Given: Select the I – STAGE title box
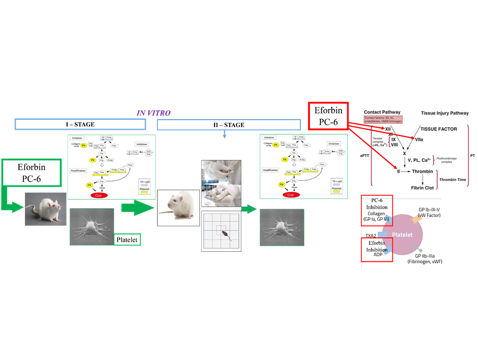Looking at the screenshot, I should (x=82, y=124).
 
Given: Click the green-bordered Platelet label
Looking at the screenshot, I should (x=127, y=240).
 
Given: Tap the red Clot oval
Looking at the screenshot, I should (x=98, y=195).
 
